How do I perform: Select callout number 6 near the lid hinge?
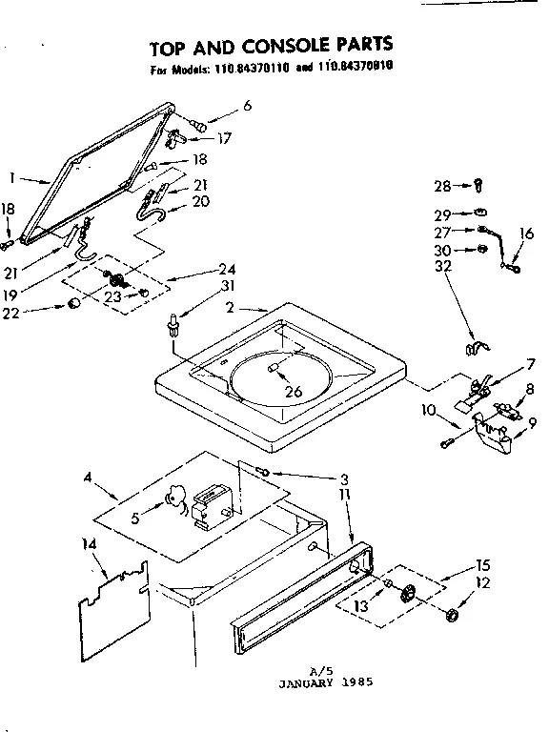247,106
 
